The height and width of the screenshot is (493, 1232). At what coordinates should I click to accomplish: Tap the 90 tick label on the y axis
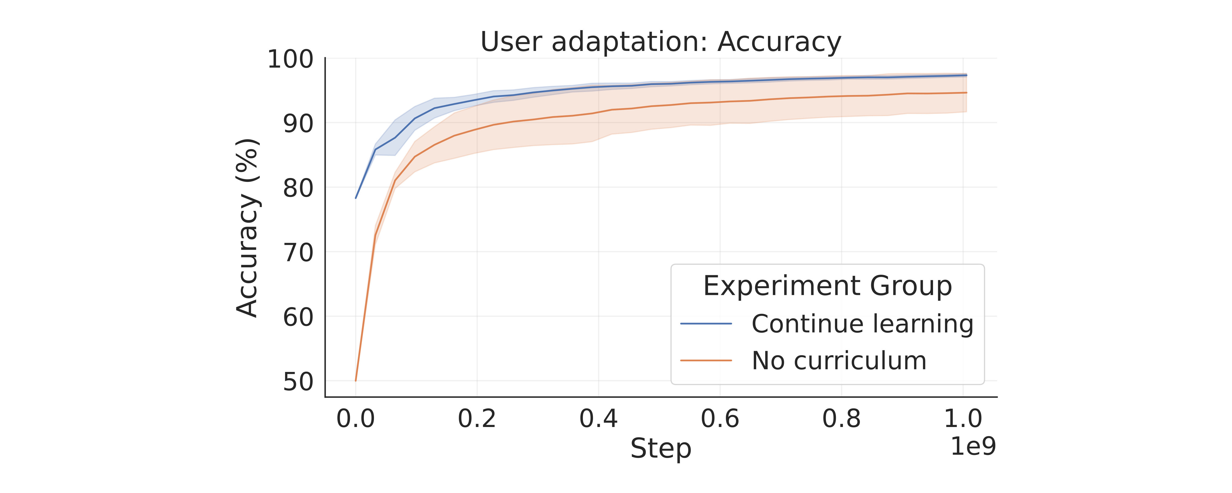298,124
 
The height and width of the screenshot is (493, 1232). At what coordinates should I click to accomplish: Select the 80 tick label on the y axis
298,189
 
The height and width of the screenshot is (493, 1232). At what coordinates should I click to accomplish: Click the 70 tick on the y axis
298,253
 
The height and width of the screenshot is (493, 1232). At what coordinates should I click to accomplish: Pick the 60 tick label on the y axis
298,317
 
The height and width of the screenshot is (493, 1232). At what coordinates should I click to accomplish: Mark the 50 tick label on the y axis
298,382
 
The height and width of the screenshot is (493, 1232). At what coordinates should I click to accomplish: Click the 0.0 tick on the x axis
355,419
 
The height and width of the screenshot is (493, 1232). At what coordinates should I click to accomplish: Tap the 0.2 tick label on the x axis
477,419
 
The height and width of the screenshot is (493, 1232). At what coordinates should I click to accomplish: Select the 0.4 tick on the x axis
598,419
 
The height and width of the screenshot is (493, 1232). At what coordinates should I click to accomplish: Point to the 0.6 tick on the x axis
720,419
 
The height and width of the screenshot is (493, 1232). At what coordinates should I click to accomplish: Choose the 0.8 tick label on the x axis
841,419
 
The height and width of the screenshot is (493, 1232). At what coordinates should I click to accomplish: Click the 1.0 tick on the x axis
963,419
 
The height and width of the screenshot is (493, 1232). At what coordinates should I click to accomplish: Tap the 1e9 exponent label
973,446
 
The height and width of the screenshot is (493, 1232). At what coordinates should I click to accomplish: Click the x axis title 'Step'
660,448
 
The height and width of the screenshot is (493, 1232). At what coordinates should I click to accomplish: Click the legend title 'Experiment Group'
827,286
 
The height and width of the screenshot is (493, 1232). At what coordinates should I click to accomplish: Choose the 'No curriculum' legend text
839,361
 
